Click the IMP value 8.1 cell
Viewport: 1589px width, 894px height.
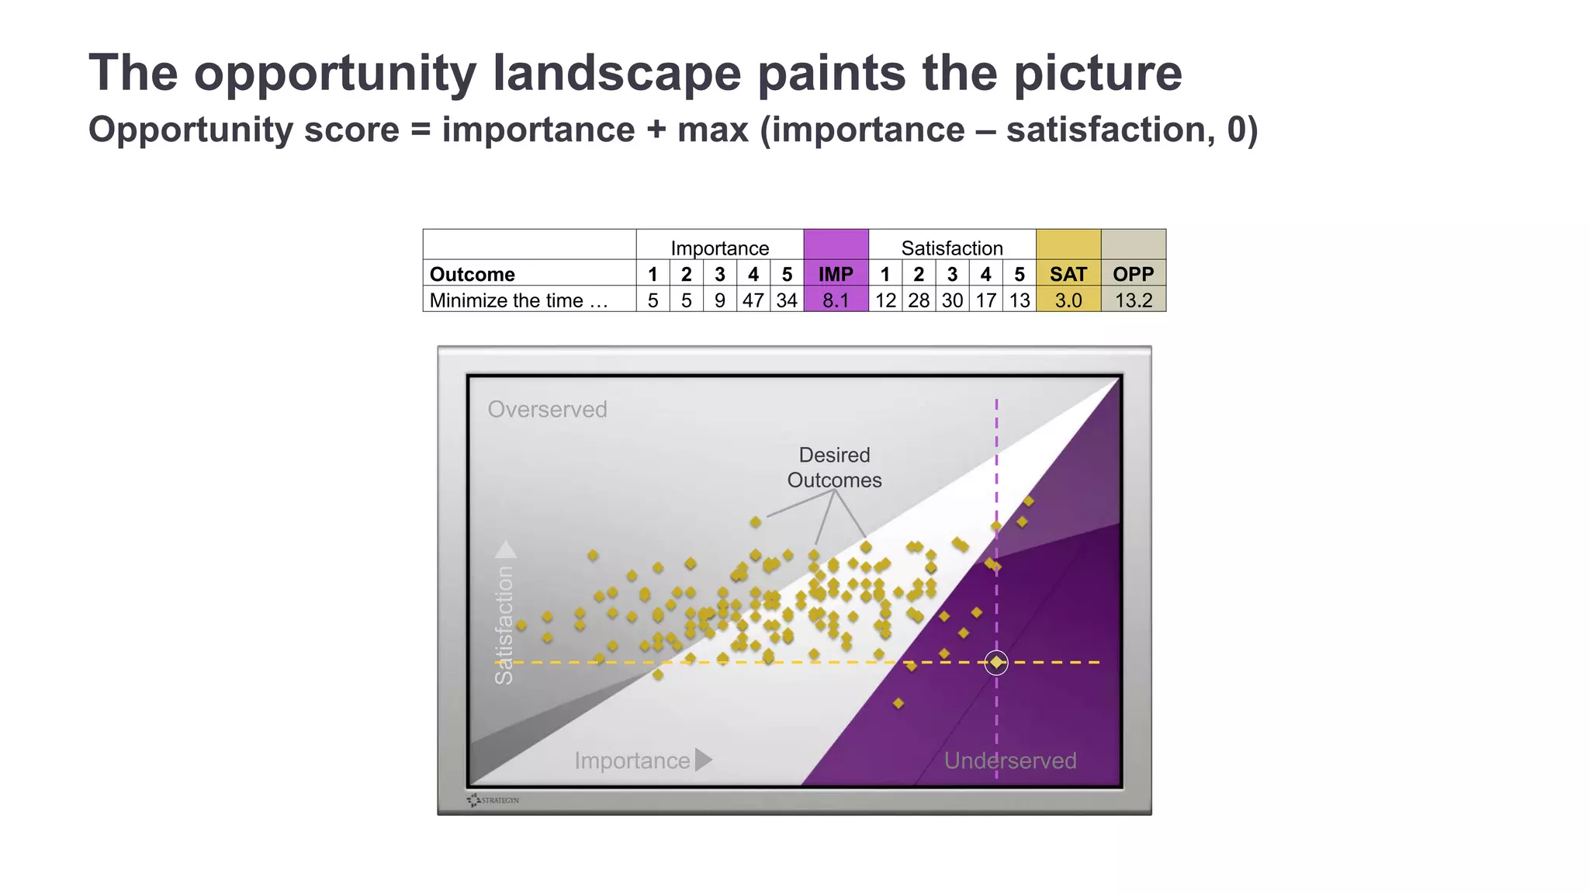click(836, 300)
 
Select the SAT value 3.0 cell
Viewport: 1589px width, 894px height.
click(1068, 300)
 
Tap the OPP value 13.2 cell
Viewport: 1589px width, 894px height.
click(1133, 300)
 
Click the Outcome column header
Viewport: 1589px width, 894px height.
click(472, 274)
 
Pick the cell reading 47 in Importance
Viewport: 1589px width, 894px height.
click(753, 300)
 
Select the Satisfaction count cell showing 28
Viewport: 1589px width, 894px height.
click(919, 300)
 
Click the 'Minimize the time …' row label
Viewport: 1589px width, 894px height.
click(518, 300)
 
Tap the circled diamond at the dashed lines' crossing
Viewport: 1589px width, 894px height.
click(996, 662)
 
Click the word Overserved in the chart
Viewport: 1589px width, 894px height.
click(547, 409)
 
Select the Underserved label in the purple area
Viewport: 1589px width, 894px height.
click(1009, 760)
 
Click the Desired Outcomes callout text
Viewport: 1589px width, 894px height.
click(834, 467)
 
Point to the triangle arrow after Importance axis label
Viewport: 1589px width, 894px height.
click(703, 760)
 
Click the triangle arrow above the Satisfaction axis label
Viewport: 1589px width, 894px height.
click(506, 549)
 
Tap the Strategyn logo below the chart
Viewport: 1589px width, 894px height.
click(493, 799)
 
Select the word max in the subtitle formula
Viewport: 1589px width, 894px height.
click(712, 129)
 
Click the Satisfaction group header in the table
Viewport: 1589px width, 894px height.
click(951, 248)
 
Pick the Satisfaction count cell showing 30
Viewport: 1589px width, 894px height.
click(952, 300)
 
